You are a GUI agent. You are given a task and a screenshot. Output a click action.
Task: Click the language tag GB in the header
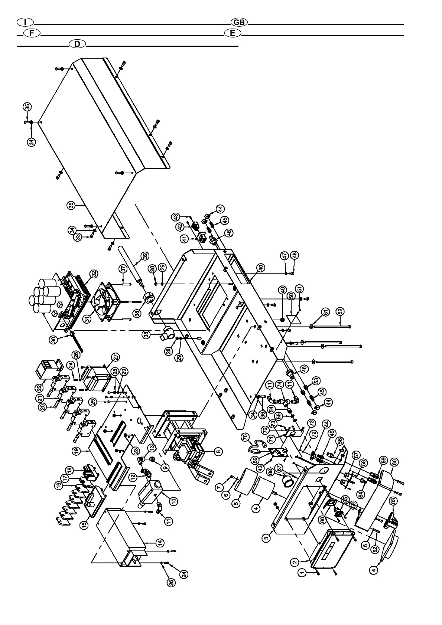click(x=239, y=22)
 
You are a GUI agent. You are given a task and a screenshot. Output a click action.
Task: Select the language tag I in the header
click(x=25, y=22)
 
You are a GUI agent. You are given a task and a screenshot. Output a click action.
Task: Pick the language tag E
click(x=233, y=33)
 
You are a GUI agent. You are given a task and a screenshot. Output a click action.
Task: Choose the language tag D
click(x=77, y=44)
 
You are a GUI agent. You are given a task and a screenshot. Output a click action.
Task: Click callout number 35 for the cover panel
click(x=72, y=205)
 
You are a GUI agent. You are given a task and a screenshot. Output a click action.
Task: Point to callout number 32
click(x=95, y=274)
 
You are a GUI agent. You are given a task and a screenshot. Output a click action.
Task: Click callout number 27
click(x=116, y=357)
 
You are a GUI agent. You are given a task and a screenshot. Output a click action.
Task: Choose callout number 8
click(x=219, y=451)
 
